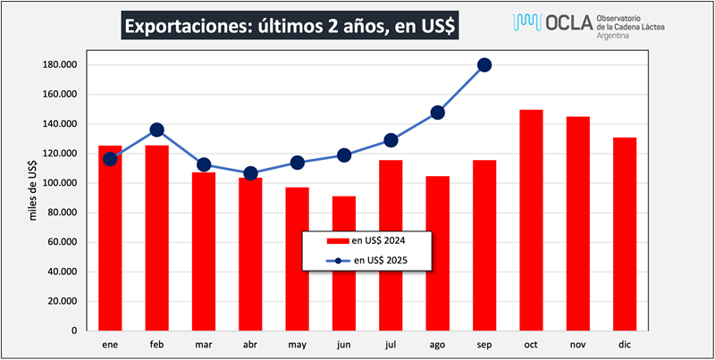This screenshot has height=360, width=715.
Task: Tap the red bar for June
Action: click(x=344, y=263)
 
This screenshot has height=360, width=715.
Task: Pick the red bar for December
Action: click(x=625, y=233)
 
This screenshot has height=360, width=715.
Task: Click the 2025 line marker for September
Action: click(x=484, y=64)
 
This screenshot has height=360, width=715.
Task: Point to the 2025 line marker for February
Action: click(x=156, y=130)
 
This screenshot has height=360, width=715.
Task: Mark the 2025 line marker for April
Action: click(x=250, y=173)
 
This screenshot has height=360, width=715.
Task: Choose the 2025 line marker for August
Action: click(x=438, y=113)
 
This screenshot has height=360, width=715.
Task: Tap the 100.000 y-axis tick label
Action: click(x=61, y=183)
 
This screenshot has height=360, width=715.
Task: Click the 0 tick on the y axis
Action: click(x=75, y=331)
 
